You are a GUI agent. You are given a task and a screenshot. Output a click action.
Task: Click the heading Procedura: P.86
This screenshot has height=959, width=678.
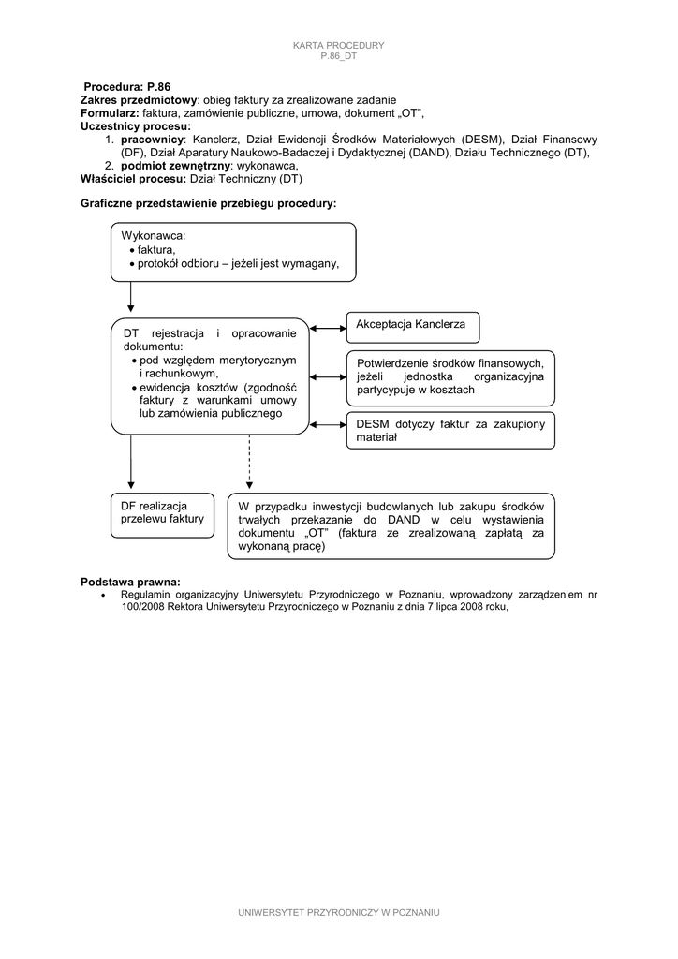pyautogui.click(x=127, y=86)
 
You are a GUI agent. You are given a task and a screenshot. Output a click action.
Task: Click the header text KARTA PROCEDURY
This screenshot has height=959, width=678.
pyautogui.click(x=338, y=45)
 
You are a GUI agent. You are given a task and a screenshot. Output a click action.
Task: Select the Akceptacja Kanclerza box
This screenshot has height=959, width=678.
pyautogui.click(x=412, y=327)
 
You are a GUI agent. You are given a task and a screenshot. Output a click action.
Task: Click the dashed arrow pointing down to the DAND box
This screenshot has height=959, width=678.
pyautogui.click(x=249, y=463)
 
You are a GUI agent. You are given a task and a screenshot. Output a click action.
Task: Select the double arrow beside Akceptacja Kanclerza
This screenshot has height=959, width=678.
pyautogui.click(x=328, y=328)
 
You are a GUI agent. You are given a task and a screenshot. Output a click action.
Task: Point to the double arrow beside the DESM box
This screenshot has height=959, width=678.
pyautogui.click(x=328, y=424)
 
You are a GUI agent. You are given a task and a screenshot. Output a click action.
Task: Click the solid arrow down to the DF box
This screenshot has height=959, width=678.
pyautogui.click(x=130, y=463)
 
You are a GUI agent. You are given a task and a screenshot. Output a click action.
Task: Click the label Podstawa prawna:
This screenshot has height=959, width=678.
pyautogui.click(x=130, y=582)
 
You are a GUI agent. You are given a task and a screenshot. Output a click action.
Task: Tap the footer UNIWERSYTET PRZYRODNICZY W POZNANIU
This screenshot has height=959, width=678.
pyautogui.click(x=338, y=912)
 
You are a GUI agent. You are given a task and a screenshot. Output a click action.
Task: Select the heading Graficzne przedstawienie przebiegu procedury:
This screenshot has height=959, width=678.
pyautogui.click(x=208, y=203)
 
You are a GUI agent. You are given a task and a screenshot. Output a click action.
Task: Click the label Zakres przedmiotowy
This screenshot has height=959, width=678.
pyautogui.click(x=139, y=99)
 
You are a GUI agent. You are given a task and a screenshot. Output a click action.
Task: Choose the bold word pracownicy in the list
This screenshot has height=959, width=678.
pyautogui.click(x=153, y=138)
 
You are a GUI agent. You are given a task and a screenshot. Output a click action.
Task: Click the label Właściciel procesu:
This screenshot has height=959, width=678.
pyautogui.click(x=134, y=178)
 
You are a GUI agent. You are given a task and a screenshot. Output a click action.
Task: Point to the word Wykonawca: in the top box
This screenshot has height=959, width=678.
pyautogui.click(x=154, y=235)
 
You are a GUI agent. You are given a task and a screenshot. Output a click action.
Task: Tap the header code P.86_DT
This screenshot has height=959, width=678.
pyautogui.click(x=338, y=56)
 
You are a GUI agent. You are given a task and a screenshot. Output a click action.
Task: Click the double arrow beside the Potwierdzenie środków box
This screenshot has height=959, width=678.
pyautogui.click(x=328, y=376)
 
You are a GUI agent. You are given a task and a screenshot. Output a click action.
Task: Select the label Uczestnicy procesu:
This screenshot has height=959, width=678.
pyautogui.click(x=136, y=125)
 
